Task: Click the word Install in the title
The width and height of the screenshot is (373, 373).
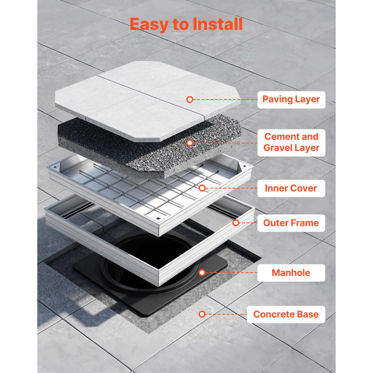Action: pos(217,24)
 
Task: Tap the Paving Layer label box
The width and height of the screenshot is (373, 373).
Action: pos(291,100)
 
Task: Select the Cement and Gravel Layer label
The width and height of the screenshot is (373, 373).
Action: pos(291,142)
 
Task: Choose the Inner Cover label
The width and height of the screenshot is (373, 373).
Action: pos(291,188)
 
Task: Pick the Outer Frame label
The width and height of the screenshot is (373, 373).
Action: pos(291,223)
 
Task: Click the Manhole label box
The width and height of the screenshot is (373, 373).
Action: pos(291,273)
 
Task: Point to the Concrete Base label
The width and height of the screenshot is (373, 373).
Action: pos(286,314)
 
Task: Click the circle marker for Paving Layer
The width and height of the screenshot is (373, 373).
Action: pos(189,100)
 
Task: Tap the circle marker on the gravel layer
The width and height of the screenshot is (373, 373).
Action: pos(189,143)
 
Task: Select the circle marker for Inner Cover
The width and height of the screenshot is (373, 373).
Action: pos(202,188)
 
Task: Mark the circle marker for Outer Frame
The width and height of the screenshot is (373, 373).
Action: pos(236,223)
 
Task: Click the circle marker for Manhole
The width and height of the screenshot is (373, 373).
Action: pos(202,273)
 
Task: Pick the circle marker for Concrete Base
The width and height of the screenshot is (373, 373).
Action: pos(202,314)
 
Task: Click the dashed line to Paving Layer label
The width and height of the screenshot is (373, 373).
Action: pos(225,100)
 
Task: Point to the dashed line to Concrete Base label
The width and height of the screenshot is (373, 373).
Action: pos(226,314)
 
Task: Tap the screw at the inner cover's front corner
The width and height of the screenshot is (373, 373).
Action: pos(158,218)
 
